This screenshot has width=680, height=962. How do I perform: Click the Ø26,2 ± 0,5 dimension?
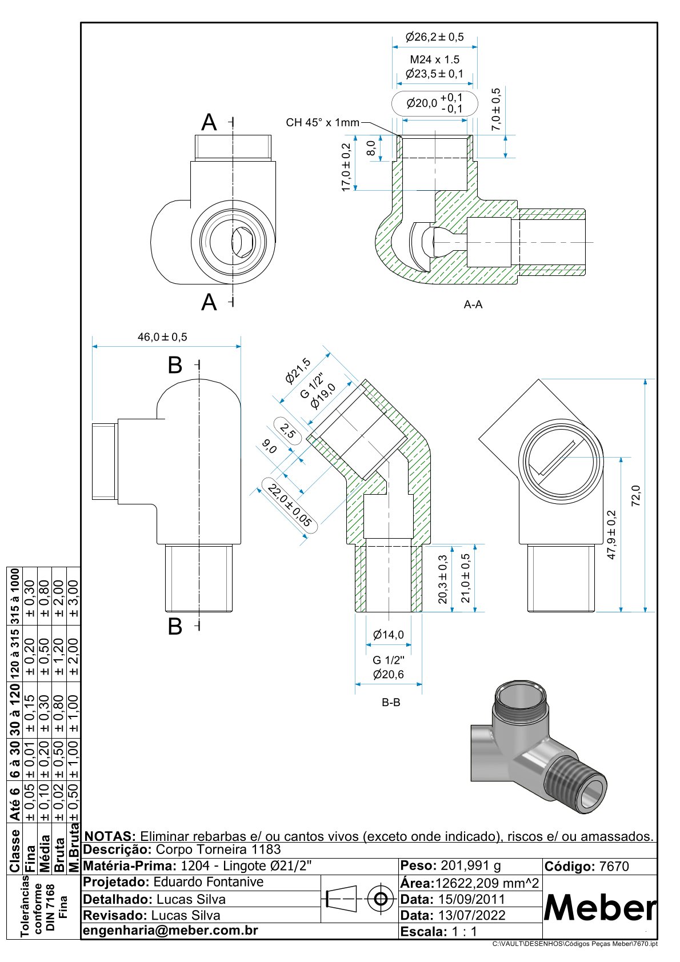click(x=434, y=38)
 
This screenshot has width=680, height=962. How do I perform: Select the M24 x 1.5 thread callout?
click(x=434, y=59)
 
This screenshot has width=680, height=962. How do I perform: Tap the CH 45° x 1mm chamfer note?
click(x=322, y=123)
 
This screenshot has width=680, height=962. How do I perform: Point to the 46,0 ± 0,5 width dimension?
click(x=162, y=337)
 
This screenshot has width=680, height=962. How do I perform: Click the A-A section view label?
click(x=473, y=305)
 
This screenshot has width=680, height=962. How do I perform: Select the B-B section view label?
click(x=391, y=702)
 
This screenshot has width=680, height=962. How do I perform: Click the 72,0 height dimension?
click(x=636, y=495)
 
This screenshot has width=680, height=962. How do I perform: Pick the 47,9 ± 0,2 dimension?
click(x=612, y=535)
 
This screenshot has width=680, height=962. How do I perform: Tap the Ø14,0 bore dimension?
click(x=388, y=635)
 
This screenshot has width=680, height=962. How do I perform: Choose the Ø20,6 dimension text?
click(x=388, y=675)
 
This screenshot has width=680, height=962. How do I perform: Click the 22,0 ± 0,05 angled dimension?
click(x=290, y=506)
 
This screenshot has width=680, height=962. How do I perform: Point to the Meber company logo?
click(x=599, y=907)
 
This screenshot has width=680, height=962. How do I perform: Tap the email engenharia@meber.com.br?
click(x=170, y=931)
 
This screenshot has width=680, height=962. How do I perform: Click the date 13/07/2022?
click(x=471, y=915)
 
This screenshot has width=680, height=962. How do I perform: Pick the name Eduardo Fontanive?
click(x=209, y=882)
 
